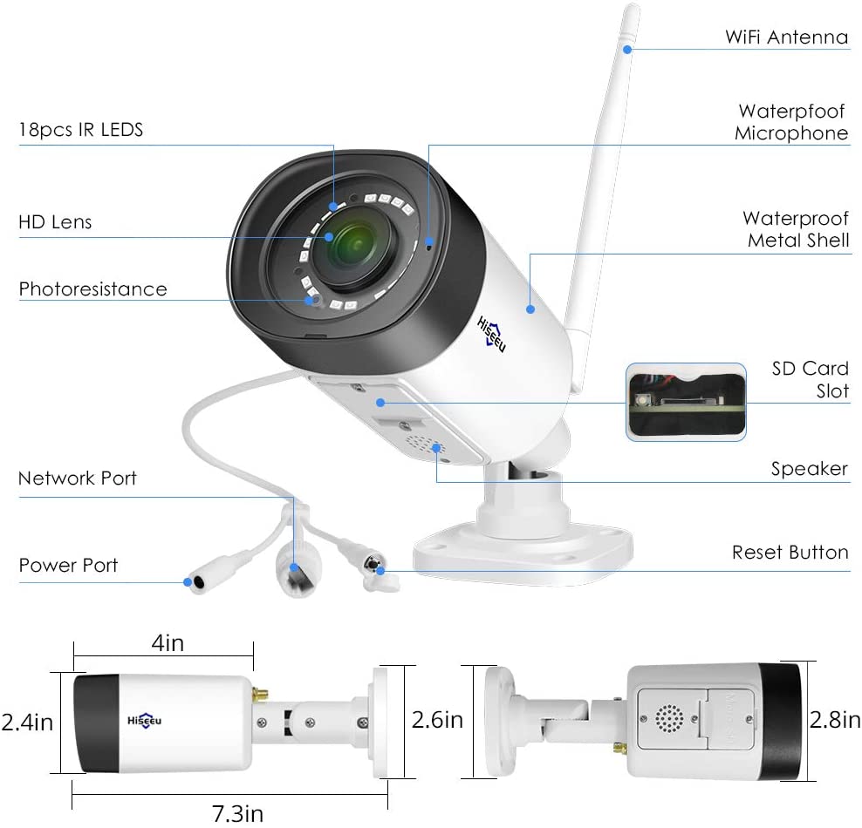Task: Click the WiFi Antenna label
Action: [787, 37]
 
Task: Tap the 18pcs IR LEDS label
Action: [81, 130]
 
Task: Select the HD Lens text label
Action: [55, 222]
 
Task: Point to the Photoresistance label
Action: [92, 288]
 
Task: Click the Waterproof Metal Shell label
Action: [796, 229]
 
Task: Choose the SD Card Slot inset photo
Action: [686, 402]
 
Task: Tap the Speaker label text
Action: [810, 469]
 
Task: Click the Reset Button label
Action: [790, 552]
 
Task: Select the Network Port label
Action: [78, 478]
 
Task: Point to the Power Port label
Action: [68, 565]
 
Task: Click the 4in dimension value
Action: [168, 643]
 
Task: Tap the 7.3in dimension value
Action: [237, 813]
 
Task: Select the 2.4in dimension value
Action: [27, 722]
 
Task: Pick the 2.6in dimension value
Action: [438, 720]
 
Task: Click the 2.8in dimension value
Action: [834, 719]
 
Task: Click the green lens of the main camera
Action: [357, 246]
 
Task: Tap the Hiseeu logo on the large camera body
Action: [491, 334]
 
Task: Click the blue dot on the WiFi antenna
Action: [627, 50]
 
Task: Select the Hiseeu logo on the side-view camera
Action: [145, 721]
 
